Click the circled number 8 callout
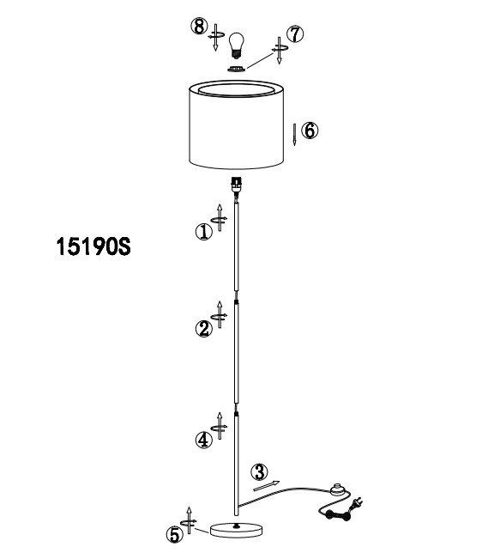tap(200, 27)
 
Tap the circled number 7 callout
tap(295, 34)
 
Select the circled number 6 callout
tap(310, 131)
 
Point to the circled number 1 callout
tap(204, 232)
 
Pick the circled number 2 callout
tap(204, 329)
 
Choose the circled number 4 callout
tap(204, 440)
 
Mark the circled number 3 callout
tap(259, 472)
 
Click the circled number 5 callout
tap(174, 535)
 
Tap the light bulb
tap(236, 46)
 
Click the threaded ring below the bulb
tap(236, 69)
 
